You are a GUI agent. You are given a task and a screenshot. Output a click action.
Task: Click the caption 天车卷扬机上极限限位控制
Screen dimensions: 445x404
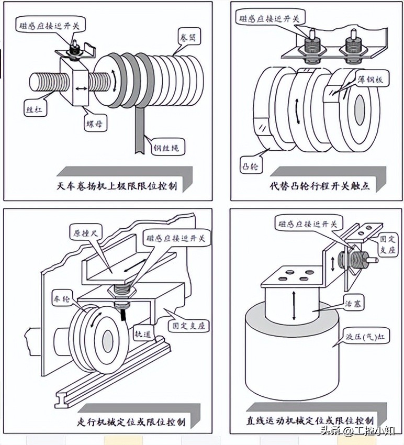[119, 186]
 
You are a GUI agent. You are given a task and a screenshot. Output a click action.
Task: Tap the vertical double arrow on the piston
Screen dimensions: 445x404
[294, 307]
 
